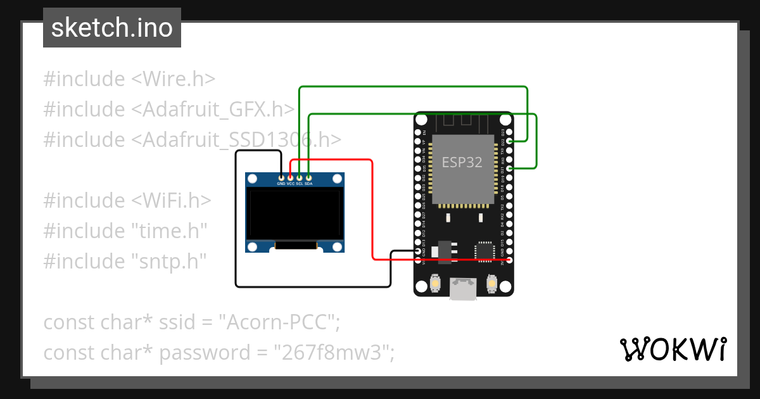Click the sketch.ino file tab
pos(112,28)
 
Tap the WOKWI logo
pos(673,349)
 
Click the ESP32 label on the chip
pos(462,162)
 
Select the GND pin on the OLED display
pos(281,178)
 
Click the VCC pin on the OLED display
pos(290,178)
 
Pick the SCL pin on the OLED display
pos(299,178)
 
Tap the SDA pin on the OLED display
pos(308,178)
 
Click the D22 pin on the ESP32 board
pos(509,141)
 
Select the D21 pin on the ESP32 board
pos(509,168)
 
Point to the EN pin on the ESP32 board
pos(417,132)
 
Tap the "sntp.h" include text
pos(168,262)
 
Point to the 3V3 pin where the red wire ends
pos(509,260)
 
